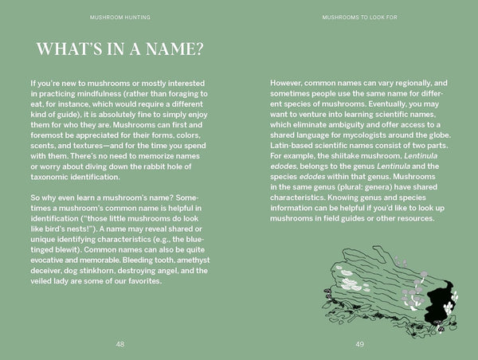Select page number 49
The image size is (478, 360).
[359, 343]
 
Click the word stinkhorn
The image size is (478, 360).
[101, 271]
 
